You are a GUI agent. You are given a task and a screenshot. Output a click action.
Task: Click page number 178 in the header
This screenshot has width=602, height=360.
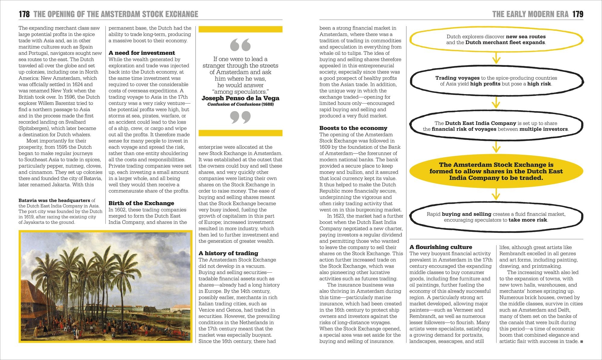click(x=24, y=14)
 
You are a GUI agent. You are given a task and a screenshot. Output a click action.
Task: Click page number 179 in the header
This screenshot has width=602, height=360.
click(x=578, y=14)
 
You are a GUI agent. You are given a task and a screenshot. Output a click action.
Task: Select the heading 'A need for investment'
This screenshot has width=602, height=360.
click(x=141, y=53)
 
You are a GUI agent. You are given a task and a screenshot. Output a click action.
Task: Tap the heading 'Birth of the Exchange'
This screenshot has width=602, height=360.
click(x=141, y=203)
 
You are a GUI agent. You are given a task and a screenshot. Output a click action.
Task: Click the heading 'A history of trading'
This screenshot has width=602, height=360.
click(x=228, y=253)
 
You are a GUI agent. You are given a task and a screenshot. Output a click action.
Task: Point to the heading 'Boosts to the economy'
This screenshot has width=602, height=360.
click(x=353, y=128)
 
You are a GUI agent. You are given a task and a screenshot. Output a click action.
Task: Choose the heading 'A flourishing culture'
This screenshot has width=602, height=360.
click(x=441, y=247)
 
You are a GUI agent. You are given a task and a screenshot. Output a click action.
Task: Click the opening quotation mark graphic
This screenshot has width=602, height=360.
click(x=240, y=45)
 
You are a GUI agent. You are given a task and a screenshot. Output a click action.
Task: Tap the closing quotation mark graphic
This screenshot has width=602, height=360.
click(x=240, y=117)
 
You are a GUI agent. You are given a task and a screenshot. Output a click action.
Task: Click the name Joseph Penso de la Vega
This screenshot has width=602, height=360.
click(x=240, y=98)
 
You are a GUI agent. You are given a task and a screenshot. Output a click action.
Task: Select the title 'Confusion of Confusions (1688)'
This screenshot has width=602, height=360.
click(x=240, y=104)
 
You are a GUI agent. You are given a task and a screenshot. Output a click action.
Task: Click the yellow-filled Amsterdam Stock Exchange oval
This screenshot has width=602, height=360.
click(x=496, y=171)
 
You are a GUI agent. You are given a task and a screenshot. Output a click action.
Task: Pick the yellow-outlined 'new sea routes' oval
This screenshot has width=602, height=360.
click(x=496, y=39)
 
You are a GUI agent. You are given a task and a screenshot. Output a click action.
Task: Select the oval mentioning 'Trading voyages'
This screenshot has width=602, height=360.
click(x=496, y=81)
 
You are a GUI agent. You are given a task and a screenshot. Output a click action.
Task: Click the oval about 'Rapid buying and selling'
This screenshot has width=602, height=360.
click(x=496, y=217)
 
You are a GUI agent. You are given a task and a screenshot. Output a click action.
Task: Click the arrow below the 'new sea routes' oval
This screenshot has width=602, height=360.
click(x=496, y=57)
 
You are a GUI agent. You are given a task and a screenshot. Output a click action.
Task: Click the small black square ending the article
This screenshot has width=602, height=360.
click(x=582, y=342)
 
